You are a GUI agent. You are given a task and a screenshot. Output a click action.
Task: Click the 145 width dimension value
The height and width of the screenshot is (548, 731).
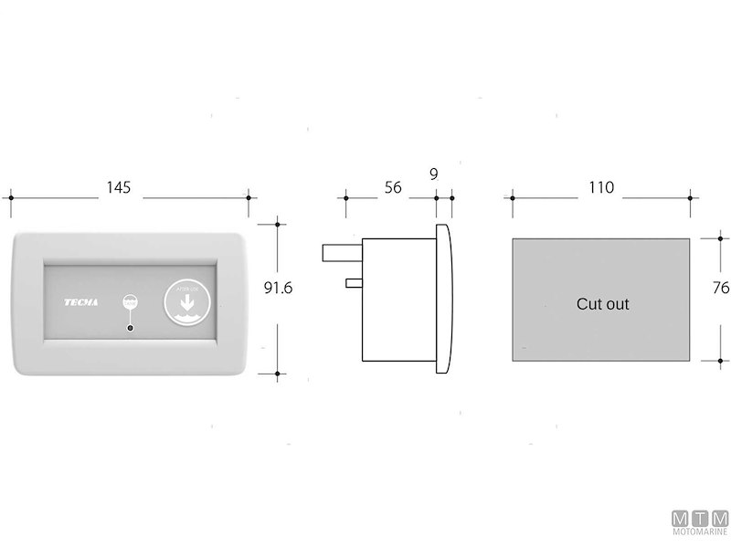click(x=119, y=187)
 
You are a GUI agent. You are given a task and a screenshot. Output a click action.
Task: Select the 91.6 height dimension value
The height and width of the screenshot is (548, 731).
click(x=278, y=288)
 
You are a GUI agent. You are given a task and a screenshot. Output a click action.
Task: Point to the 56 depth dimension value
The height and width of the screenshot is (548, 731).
click(x=392, y=187)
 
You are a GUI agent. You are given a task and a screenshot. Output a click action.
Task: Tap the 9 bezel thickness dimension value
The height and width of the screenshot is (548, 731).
click(x=432, y=173)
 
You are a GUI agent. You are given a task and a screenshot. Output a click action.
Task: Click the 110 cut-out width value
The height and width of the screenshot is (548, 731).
click(x=600, y=187)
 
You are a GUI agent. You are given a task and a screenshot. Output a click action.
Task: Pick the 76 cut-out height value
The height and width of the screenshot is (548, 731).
click(x=720, y=288)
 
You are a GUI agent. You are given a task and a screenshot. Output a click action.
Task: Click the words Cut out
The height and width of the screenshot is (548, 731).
click(x=602, y=304)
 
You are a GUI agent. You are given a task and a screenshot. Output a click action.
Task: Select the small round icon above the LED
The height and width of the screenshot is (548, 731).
click(x=131, y=302)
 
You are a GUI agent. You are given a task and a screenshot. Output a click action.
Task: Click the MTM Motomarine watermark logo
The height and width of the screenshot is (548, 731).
click(x=699, y=524)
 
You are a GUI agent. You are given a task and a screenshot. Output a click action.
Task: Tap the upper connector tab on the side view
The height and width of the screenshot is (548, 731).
click(x=343, y=251)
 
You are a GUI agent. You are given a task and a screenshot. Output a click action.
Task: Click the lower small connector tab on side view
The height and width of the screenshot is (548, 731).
click(x=355, y=283)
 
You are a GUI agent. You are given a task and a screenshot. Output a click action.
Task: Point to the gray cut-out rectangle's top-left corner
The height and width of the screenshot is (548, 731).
click(x=513, y=239)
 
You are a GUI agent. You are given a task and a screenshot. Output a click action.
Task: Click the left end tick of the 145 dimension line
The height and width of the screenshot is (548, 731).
click(x=13, y=196)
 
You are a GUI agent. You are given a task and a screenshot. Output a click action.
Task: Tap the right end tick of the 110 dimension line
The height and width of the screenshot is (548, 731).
click(x=690, y=196)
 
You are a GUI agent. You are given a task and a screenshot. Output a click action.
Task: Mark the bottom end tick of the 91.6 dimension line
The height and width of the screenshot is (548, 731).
click(x=277, y=373)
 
